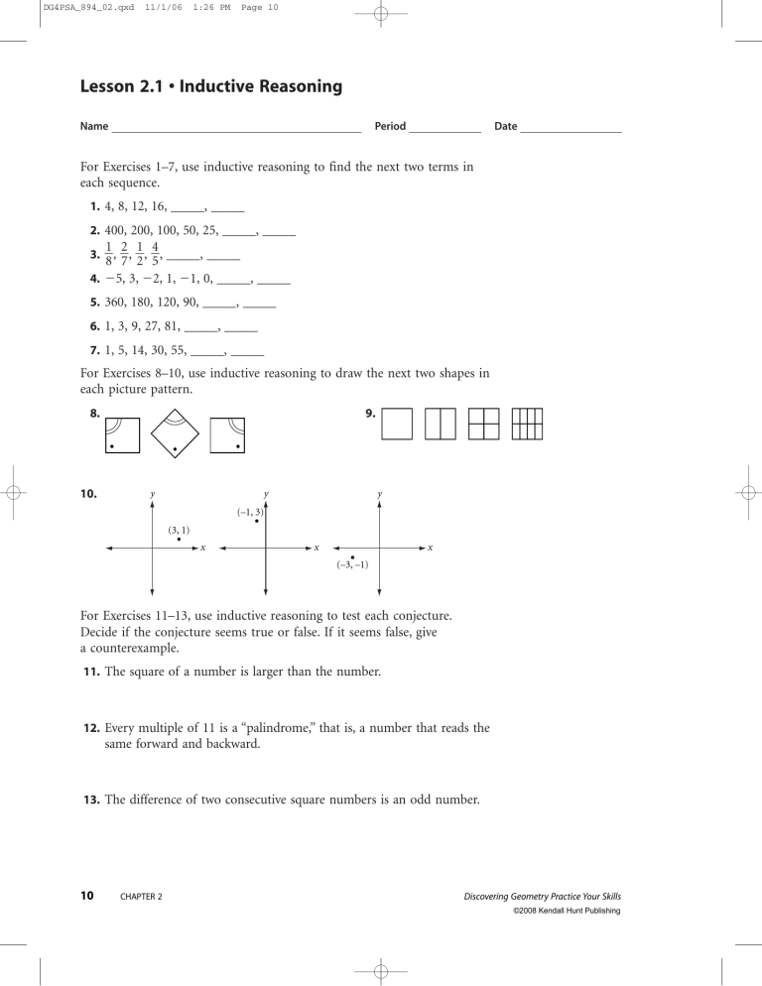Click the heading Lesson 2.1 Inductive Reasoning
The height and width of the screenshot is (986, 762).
pos(210,87)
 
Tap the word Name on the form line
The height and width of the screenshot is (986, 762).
pos(93,127)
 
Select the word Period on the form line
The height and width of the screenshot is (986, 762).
pos(390,127)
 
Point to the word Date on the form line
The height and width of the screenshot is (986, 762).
pos(505,127)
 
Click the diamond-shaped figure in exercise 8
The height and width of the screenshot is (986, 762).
pos(175,434)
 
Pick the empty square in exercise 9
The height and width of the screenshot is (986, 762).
pos(397,424)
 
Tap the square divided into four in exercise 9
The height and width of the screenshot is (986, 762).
pos(483,424)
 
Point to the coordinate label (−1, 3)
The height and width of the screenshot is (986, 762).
pos(249,512)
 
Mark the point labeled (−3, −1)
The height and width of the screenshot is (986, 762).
pos(353,557)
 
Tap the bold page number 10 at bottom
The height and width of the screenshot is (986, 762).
pos(87,896)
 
